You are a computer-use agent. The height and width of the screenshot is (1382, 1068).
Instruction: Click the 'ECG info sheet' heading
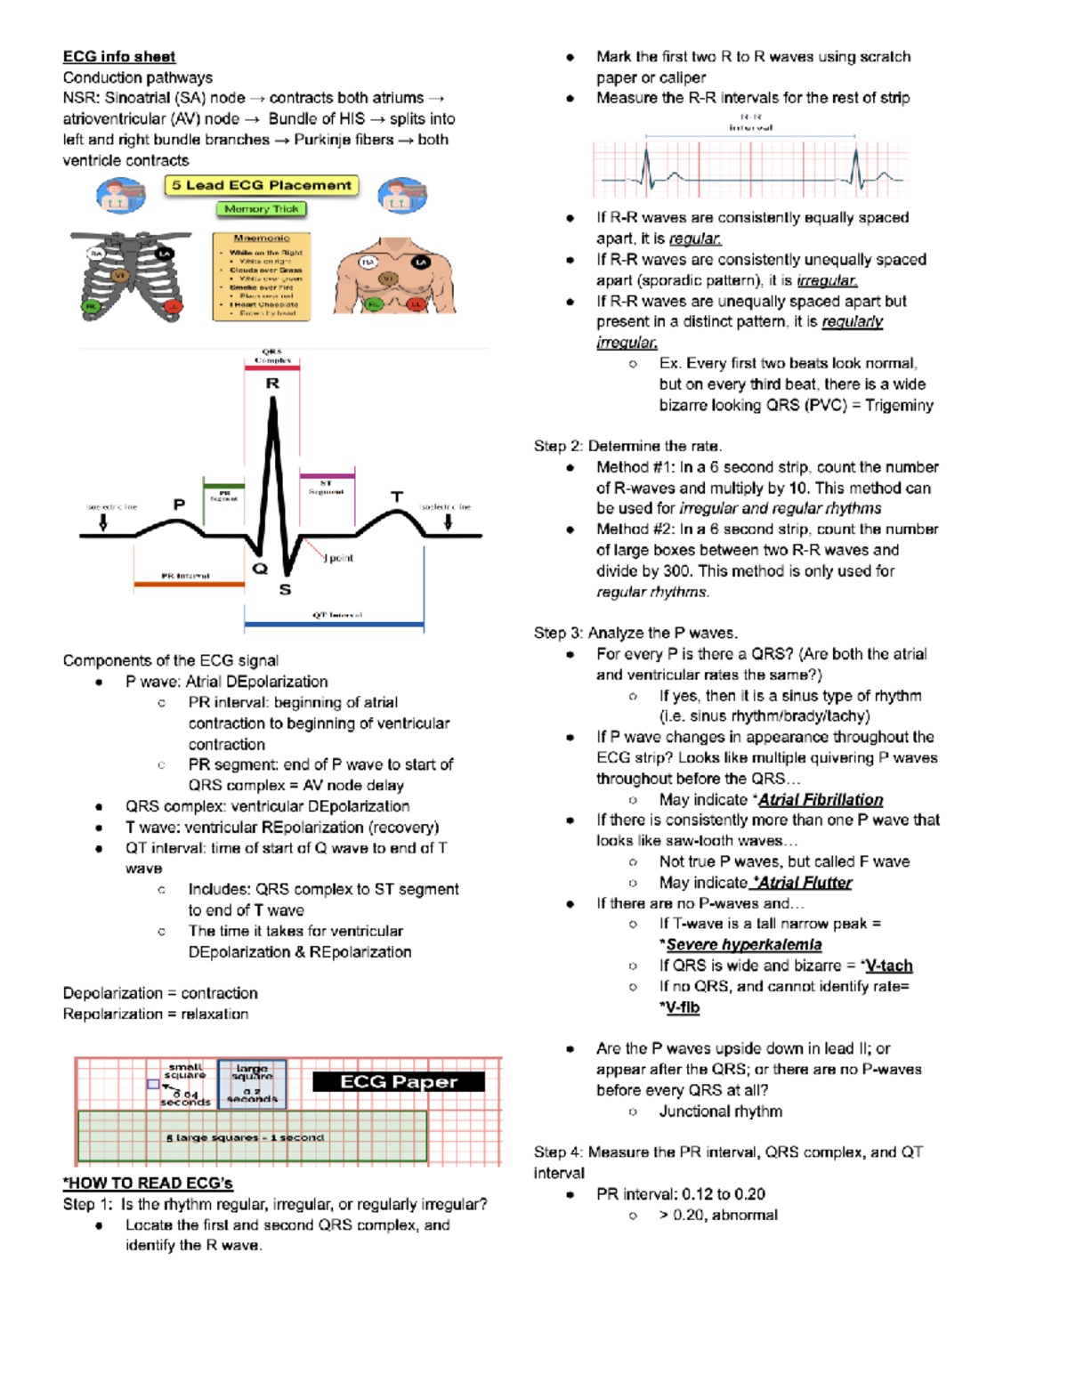[x=118, y=57]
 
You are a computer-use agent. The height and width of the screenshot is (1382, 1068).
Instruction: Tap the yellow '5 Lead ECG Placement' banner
[x=261, y=185]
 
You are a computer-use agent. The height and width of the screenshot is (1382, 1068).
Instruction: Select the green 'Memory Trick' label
[x=261, y=209]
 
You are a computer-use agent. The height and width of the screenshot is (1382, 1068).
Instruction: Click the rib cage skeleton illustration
[x=132, y=277]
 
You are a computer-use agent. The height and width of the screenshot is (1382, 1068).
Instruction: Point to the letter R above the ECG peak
[x=272, y=383]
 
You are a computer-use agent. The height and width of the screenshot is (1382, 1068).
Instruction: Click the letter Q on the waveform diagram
[x=259, y=568]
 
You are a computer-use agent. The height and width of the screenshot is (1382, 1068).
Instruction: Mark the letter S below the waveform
[x=285, y=589]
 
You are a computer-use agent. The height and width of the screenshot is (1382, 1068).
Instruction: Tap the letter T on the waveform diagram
[x=397, y=497]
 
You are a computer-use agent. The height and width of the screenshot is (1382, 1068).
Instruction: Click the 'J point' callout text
[x=339, y=558]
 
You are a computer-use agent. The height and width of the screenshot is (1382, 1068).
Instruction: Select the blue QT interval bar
[x=334, y=625]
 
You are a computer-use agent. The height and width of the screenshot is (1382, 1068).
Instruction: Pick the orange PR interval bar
[x=189, y=585]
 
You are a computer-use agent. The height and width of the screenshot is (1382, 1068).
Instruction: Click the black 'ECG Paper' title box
[x=398, y=1081]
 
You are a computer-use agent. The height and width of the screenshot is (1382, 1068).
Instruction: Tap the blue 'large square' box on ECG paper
[x=252, y=1083]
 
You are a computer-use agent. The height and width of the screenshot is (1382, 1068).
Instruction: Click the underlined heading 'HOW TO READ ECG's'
[x=148, y=1183]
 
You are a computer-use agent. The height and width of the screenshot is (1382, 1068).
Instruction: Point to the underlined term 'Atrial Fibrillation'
[x=820, y=799]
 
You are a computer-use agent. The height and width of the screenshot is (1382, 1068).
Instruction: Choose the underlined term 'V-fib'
[x=682, y=1007]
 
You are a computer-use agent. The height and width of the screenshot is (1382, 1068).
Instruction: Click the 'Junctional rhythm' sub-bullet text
[x=720, y=1111]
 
